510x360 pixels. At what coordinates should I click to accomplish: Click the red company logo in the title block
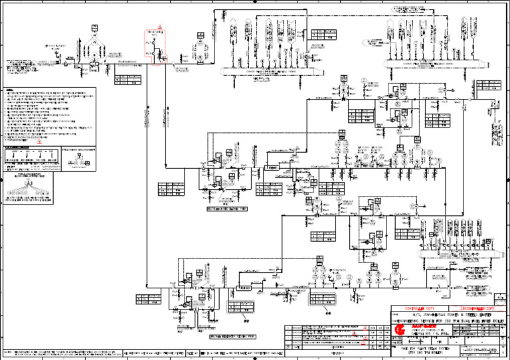point(400,329)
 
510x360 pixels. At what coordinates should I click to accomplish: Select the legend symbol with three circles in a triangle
point(80,161)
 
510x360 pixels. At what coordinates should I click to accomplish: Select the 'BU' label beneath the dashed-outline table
point(246,319)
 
